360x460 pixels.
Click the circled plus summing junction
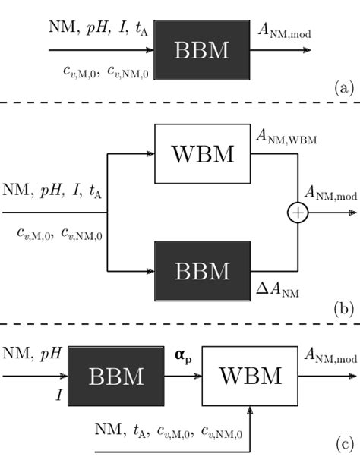pos(297,213)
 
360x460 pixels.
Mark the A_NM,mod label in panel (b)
pos(330,197)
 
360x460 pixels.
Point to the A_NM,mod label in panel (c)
pos(330,354)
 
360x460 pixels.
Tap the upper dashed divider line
pos(180,102)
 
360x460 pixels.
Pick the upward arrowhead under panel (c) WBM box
pos(250,413)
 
